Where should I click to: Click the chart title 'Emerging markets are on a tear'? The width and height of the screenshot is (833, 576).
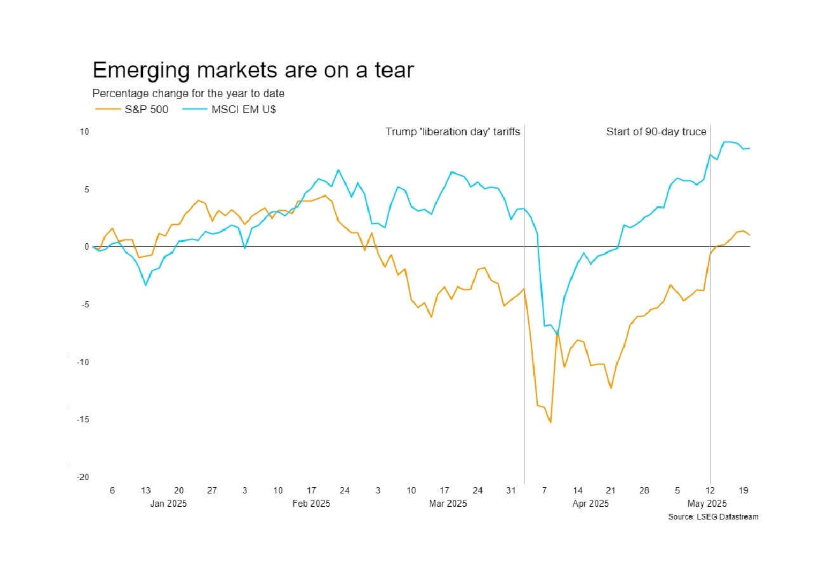[253, 70]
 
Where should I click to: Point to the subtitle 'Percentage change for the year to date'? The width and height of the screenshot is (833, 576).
[188, 93]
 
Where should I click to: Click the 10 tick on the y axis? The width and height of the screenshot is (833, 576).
[84, 131]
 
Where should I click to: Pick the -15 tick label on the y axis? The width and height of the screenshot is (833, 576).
[83, 420]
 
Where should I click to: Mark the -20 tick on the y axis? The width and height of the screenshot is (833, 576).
[83, 478]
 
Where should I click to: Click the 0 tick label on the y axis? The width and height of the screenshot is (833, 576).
[87, 247]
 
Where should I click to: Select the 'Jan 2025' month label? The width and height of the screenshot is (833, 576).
[168, 504]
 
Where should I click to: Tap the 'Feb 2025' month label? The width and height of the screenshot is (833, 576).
[311, 504]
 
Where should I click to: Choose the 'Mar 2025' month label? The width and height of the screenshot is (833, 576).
[448, 504]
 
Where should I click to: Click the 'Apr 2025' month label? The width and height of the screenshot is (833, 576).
[590, 504]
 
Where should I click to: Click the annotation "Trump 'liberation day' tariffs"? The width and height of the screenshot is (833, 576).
[453, 132]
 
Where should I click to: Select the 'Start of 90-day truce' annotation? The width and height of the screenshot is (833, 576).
[656, 132]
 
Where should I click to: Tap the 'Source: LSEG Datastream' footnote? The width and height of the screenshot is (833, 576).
[713, 517]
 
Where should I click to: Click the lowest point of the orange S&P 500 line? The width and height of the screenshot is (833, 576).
[550, 422]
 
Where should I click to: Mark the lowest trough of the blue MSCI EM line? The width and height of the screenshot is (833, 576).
[557, 335]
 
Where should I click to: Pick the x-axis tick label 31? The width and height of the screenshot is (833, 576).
[511, 491]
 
